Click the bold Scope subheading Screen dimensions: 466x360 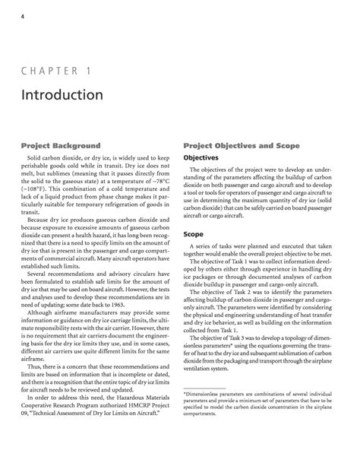(x=194, y=214)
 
